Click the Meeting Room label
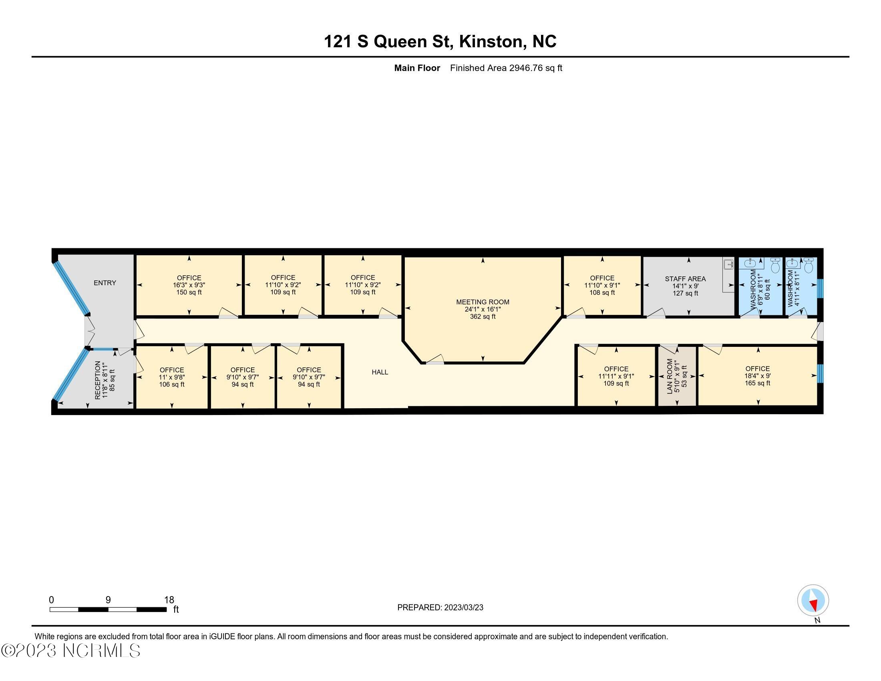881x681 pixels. tap(483, 302)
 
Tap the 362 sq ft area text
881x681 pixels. tap(483, 317)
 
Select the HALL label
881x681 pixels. tap(380, 372)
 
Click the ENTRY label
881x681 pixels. tap(105, 283)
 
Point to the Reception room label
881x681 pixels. tap(97, 380)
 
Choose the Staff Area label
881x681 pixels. tap(685, 279)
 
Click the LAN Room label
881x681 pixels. tap(670, 377)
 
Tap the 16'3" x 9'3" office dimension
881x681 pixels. tap(189, 285)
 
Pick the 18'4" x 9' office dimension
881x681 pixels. tap(758, 376)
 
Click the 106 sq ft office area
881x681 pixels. tap(172, 385)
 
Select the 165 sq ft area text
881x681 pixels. tap(758, 383)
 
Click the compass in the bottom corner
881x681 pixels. tap(813, 600)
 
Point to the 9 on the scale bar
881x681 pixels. tap(108, 600)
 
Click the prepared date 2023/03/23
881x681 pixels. tap(463, 607)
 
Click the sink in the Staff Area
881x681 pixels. tap(728, 265)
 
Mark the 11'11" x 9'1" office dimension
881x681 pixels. tap(616, 376)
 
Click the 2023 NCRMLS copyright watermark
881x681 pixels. tap(71, 650)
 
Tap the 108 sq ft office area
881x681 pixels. tap(602, 292)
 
